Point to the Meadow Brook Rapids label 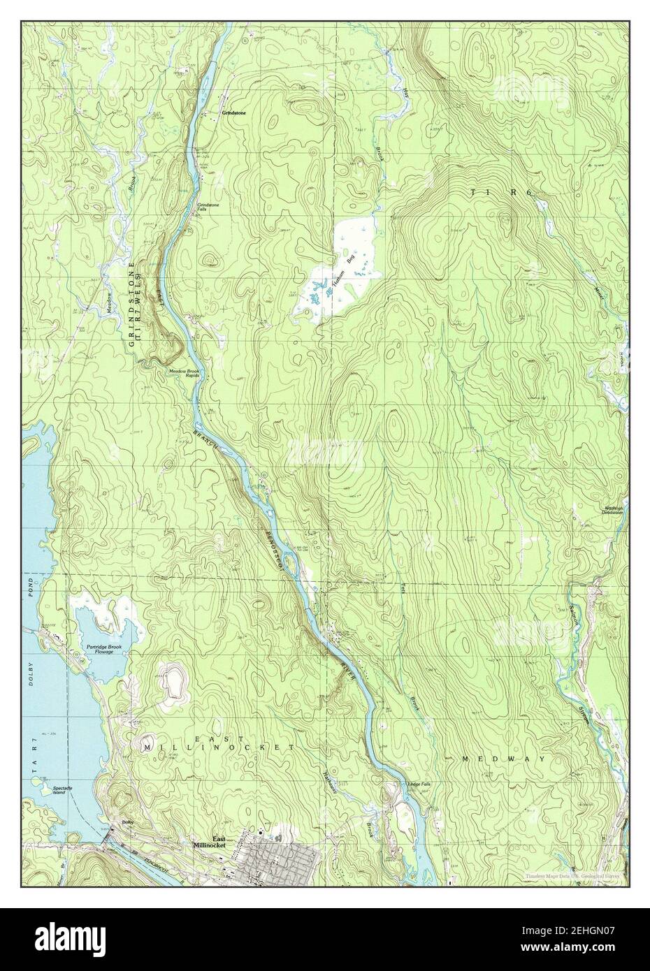click(x=184, y=374)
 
